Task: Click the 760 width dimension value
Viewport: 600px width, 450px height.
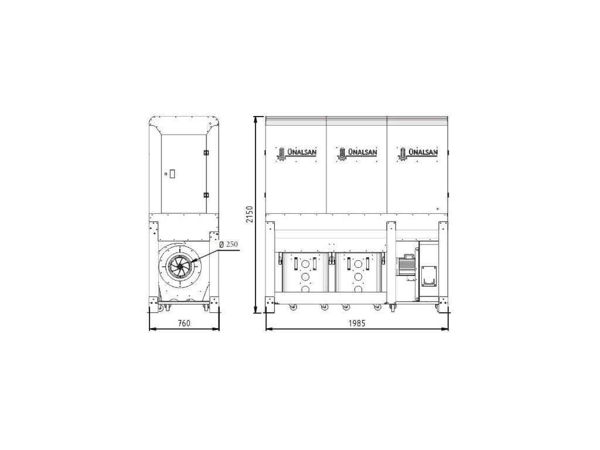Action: click(184, 323)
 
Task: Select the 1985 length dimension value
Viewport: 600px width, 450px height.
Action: click(357, 323)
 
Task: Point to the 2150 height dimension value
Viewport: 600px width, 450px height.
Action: click(250, 214)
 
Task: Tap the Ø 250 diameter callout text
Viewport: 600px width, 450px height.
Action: click(229, 244)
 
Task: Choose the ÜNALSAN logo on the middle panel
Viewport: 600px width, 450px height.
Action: click(357, 153)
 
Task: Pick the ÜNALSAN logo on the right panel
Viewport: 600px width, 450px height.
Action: click(417, 153)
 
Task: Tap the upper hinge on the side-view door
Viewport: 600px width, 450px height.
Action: click(206, 153)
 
